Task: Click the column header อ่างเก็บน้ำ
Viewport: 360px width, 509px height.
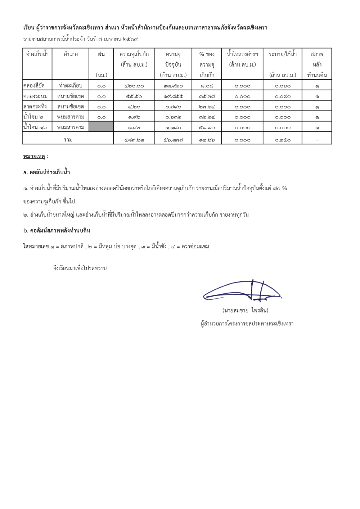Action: point(37,54)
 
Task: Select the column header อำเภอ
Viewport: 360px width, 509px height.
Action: point(71,54)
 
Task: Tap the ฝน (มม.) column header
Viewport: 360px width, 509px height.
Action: point(101,64)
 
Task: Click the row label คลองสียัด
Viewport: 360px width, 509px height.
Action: point(34,86)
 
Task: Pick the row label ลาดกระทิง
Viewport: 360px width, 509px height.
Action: point(35,107)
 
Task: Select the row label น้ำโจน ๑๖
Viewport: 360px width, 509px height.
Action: point(35,127)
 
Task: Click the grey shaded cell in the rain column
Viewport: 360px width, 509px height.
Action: point(101,127)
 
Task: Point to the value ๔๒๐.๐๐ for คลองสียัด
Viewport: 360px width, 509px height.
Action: point(134,86)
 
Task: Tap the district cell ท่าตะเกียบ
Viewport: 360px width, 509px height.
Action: point(71,86)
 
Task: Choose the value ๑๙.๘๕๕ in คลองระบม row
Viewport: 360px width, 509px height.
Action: point(173,96)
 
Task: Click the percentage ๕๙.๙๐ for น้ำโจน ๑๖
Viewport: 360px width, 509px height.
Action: point(207,128)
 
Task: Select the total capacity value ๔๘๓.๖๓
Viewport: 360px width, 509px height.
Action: point(134,140)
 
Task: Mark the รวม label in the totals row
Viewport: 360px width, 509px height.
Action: point(68,140)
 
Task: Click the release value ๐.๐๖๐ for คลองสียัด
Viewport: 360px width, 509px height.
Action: point(283,86)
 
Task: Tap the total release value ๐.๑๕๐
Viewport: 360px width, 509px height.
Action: point(283,140)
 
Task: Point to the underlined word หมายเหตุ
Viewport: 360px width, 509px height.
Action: point(34,157)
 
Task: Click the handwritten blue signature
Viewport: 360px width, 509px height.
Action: point(242,291)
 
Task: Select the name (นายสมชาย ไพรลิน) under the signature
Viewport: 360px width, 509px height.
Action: point(246,310)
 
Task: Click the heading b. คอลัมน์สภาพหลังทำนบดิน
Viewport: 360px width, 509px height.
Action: point(57,231)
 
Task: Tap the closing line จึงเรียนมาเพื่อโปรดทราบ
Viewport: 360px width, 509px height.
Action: point(80,268)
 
